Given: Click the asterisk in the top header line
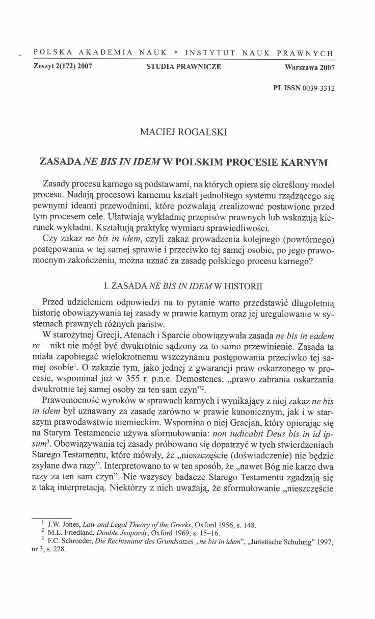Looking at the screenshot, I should coord(174,53).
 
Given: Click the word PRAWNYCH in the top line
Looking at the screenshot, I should coord(309,53).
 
